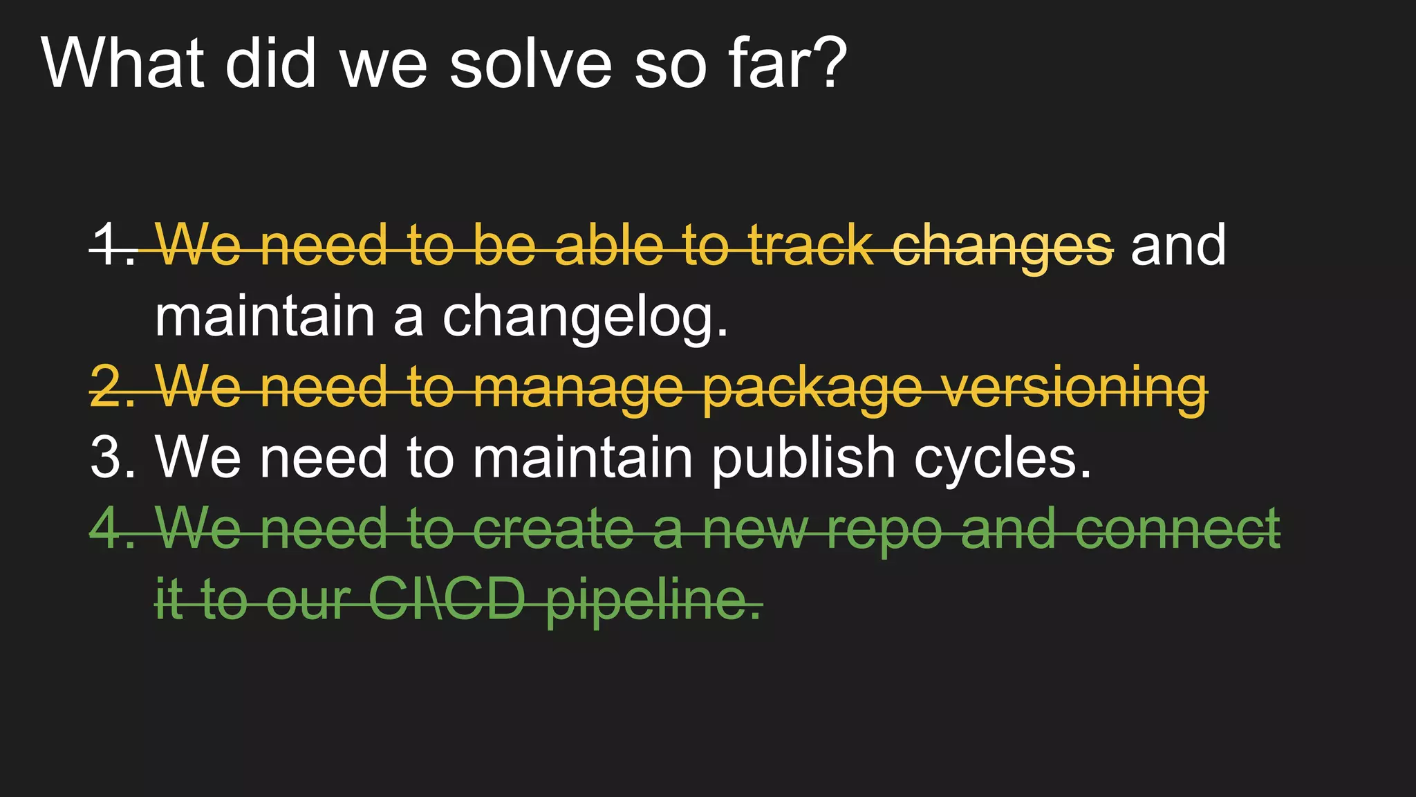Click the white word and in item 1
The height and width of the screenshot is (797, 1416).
(x=1178, y=246)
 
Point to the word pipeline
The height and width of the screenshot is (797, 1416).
(x=654, y=601)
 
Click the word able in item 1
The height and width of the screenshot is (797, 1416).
(x=608, y=246)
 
